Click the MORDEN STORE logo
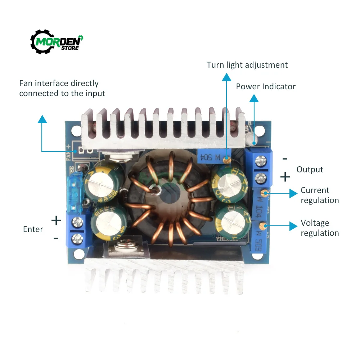(x=57, y=41)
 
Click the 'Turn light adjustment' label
(x=247, y=65)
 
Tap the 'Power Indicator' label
(x=266, y=87)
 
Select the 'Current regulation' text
(x=320, y=195)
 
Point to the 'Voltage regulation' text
(x=320, y=228)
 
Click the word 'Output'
(x=310, y=170)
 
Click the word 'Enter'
(x=33, y=229)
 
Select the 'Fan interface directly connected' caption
(x=62, y=88)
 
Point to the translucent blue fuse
(x=73, y=194)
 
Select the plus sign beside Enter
(x=56, y=220)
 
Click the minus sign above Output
(x=285, y=158)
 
